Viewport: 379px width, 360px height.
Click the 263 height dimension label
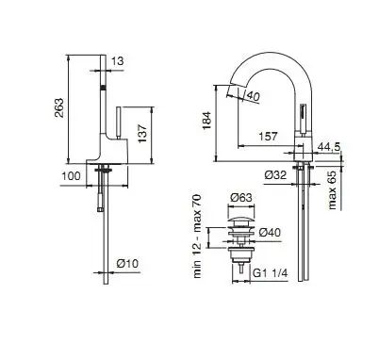pyautogui.click(x=59, y=107)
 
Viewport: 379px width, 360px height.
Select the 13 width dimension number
pyautogui.click(x=118, y=61)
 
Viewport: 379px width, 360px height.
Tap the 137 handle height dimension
pyautogui.click(x=142, y=133)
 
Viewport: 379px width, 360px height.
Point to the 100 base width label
pyautogui.click(x=71, y=176)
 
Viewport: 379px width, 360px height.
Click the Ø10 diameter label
pyautogui.click(x=127, y=263)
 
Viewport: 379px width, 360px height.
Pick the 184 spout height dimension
pyautogui.click(x=206, y=121)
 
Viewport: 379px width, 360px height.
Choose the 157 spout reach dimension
pyautogui.click(x=268, y=137)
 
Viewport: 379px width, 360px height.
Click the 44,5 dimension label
pyautogui.click(x=329, y=146)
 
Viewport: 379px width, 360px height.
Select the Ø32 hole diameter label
pyautogui.click(x=275, y=175)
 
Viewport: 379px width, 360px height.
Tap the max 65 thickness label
pyautogui.click(x=332, y=190)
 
